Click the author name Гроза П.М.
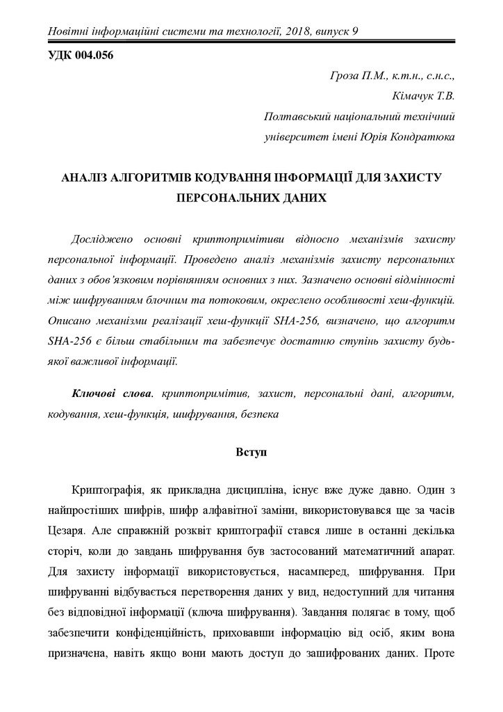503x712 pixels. click(358, 75)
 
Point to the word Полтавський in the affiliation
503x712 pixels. click(297, 117)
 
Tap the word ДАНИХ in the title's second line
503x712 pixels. click(303, 197)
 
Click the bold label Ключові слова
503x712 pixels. click(111, 394)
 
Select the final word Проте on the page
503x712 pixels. click(439, 654)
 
